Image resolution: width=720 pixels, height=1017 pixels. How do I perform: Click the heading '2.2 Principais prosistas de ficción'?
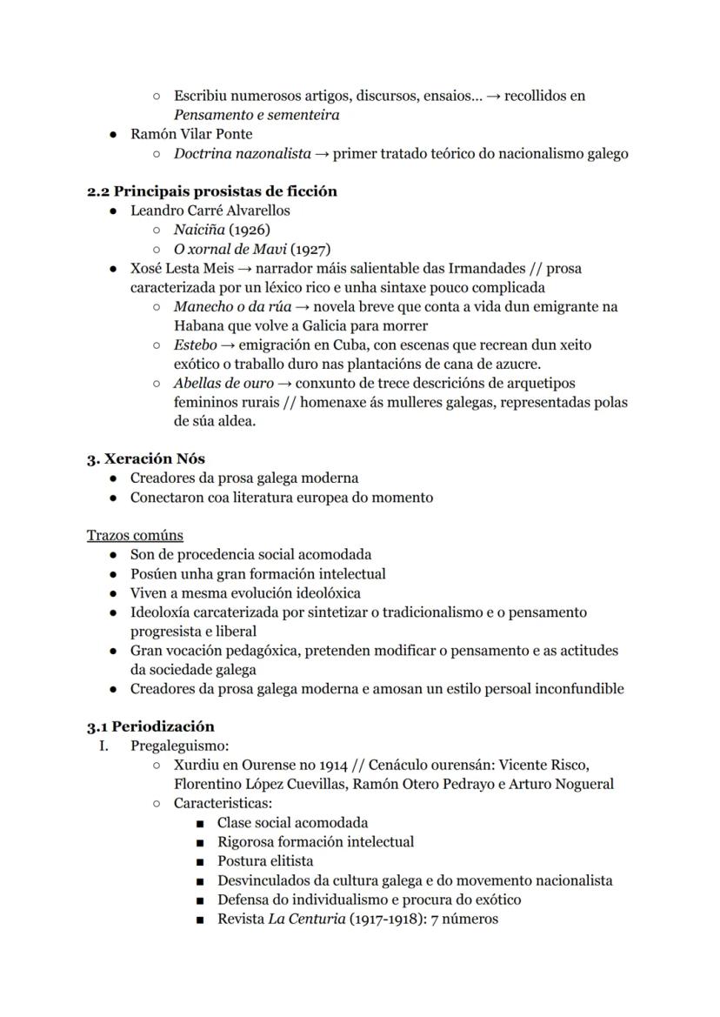pyautogui.click(x=211, y=191)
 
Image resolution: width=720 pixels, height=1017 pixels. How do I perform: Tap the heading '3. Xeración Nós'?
pyautogui.click(x=145, y=458)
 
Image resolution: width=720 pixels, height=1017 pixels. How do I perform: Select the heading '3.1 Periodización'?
pyautogui.click(x=150, y=726)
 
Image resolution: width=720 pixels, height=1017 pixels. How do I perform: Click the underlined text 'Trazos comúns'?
pyautogui.click(x=135, y=535)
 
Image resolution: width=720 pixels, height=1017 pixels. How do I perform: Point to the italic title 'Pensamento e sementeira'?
pyautogui.click(x=256, y=115)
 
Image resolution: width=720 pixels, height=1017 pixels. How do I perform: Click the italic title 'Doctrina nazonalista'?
pyautogui.click(x=242, y=154)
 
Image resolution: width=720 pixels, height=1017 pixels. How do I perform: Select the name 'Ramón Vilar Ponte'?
pyautogui.click(x=191, y=134)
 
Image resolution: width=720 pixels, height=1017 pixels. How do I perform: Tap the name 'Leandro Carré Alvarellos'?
pyautogui.click(x=210, y=211)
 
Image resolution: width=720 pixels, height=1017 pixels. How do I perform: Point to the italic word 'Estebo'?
pyautogui.click(x=196, y=345)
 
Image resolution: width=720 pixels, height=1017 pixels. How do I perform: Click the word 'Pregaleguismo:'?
pyautogui.click(x=179, y=746)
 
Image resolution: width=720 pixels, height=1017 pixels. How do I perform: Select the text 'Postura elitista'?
pyautogui.click(x=265, y=860)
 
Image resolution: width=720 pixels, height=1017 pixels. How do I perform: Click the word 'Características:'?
pyautogui.click(x=223, y=803)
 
